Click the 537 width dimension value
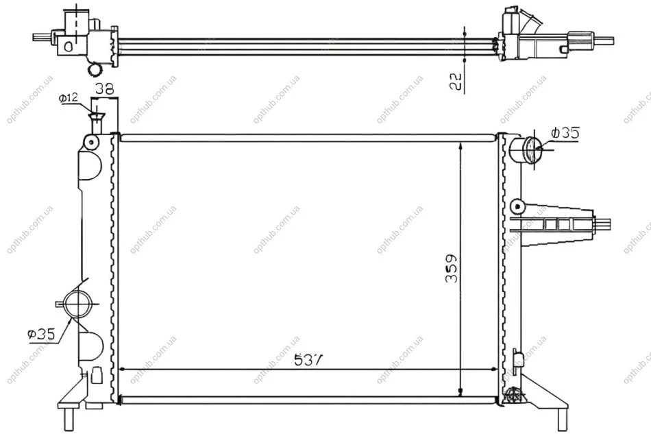308,360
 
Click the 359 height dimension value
451,268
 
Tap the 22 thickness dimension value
456,82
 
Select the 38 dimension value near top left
105,88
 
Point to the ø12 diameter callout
69,99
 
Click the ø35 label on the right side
565,133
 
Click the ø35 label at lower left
41,334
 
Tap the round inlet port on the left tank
77,304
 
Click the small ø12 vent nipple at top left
96,123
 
